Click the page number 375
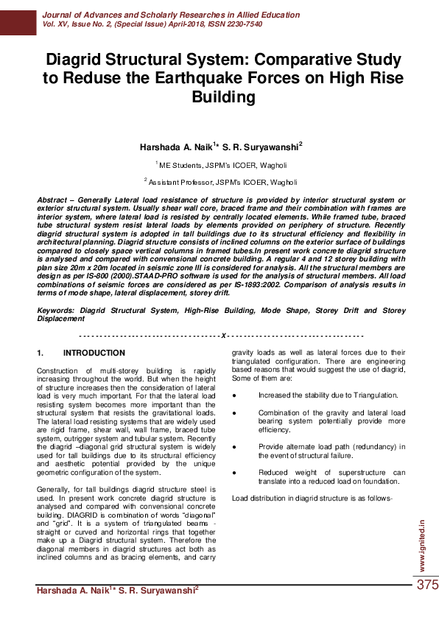(x=427, y=585)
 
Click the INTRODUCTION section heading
(x=94, y=353)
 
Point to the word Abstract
(x=54, y=200)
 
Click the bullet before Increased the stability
(x=233, y=395)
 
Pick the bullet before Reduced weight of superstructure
(x=233, y=472)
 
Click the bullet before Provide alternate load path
(x=233, y=446)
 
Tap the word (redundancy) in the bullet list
(x=362, y=446)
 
